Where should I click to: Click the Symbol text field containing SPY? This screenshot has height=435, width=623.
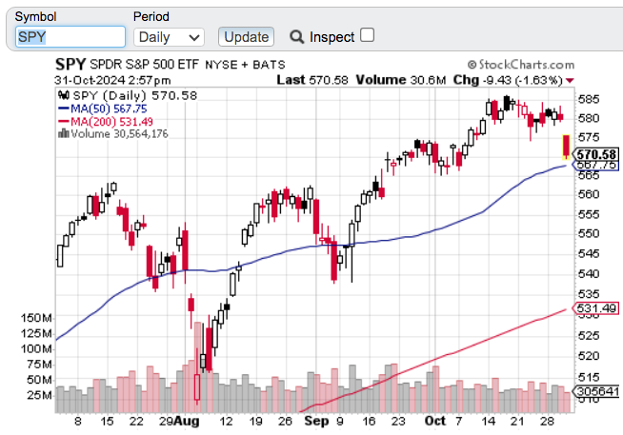(70, 37)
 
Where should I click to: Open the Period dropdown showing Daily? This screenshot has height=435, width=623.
(170, 37)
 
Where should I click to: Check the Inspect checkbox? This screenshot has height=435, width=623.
(368, 35)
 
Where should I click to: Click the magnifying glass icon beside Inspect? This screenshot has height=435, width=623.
(296, 37)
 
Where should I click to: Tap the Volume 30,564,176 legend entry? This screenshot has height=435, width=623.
(118, 133)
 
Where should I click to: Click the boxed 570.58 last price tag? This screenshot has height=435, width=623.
(598, 154)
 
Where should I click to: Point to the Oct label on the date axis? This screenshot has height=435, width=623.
(434, 419)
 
